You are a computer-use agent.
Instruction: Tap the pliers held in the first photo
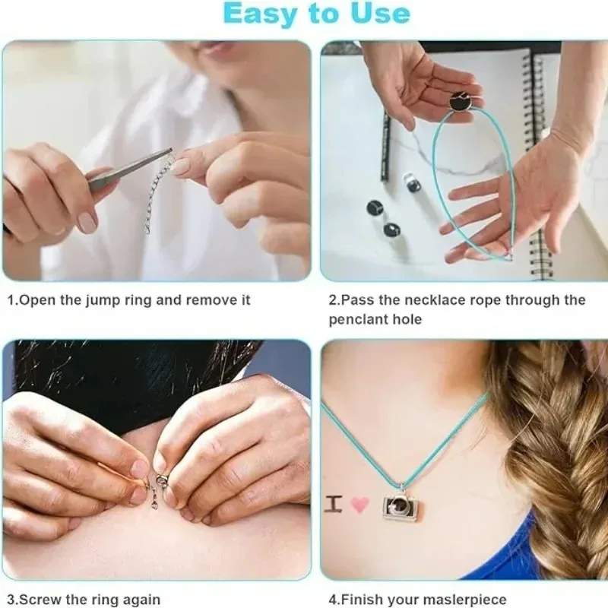point(125,171)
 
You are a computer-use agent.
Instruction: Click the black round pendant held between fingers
point(464,101)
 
